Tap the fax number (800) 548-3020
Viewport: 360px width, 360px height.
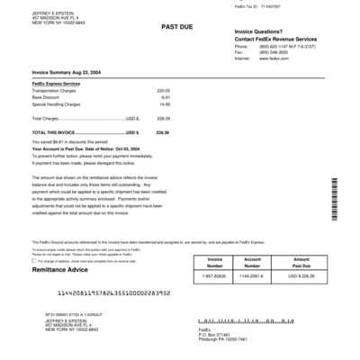coord(271,51)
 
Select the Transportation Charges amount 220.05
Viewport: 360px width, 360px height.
coord(163,91)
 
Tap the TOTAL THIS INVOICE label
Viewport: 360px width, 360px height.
coord(56,132)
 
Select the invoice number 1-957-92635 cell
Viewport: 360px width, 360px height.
coord(215,275)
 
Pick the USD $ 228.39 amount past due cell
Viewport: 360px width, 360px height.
coord(301,275)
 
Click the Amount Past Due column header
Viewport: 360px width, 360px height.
coord(301,262)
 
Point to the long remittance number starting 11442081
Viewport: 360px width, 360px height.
coord(126,293)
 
